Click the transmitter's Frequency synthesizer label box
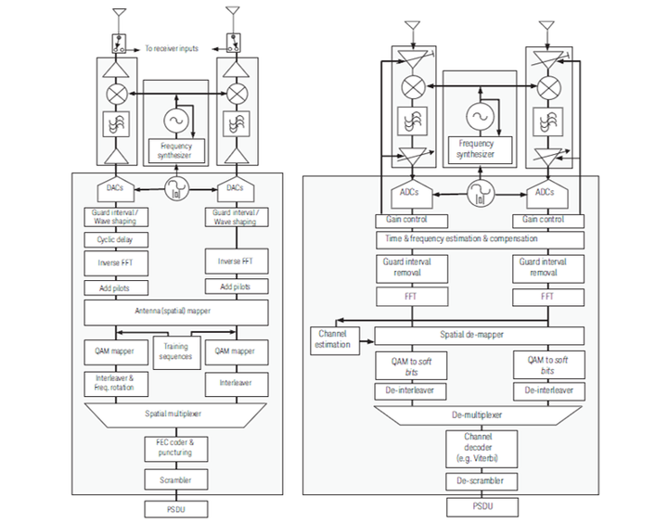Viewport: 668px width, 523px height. coord(175,148)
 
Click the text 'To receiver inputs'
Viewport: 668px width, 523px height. coord(173,47)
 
